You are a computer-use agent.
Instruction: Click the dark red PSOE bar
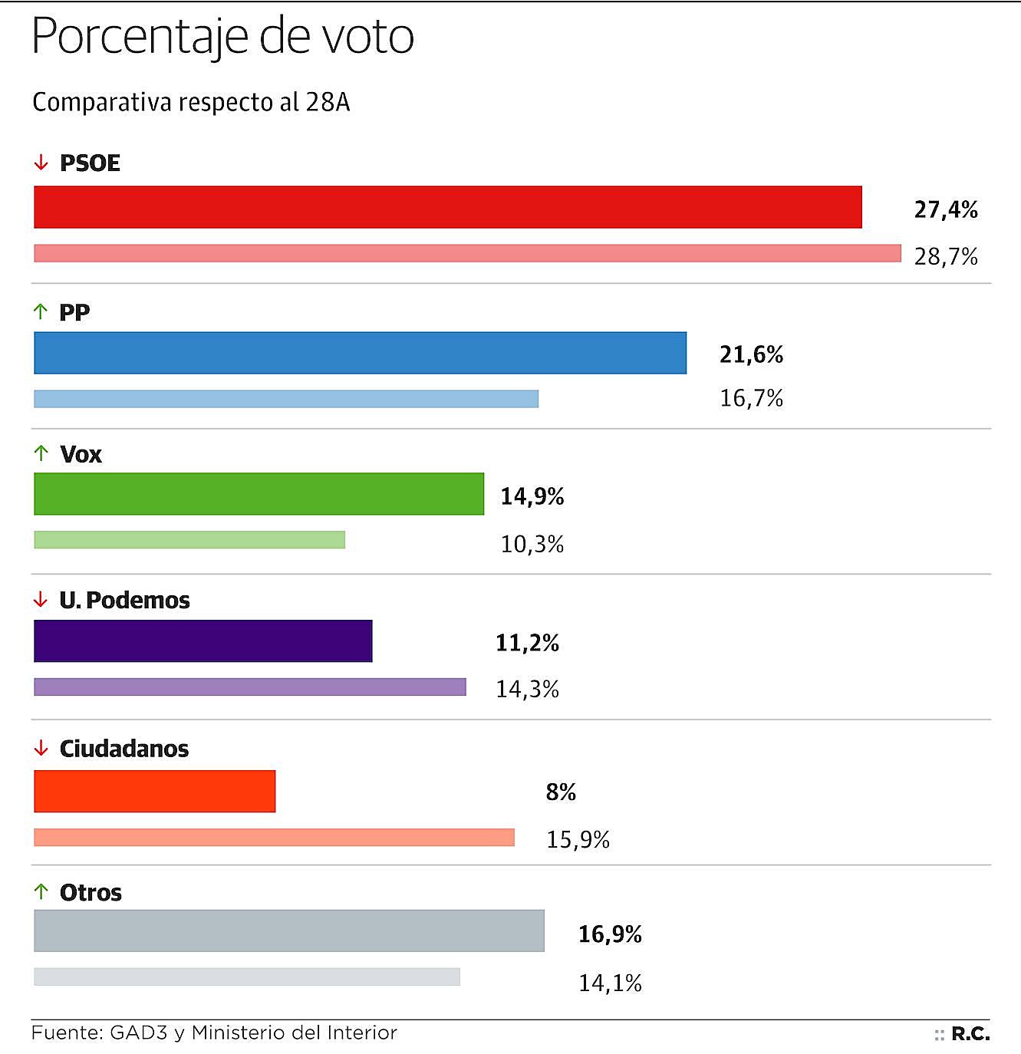click(447, 207)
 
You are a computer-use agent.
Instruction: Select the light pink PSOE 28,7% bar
click(467, 253)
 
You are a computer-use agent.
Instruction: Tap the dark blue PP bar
click(360, 353)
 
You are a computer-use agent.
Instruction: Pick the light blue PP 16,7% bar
click(286, 399)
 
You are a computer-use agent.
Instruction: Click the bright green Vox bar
click(259, 494)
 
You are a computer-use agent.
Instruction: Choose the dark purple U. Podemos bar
click(203, 641)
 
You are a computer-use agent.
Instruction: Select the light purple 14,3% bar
click(249, 687)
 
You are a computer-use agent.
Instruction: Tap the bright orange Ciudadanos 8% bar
click(154, 791)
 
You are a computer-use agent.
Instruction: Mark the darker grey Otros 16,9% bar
click(288, 930)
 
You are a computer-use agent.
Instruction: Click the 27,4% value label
click(945, 209)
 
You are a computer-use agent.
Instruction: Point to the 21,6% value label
click(751, 354)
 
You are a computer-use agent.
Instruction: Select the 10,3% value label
click(532, 544)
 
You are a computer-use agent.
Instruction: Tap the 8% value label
click(561, 792)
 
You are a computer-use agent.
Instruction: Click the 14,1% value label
click(610, 983)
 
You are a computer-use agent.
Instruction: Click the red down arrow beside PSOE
click(41, 163)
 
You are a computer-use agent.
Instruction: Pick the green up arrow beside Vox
click(41, 453)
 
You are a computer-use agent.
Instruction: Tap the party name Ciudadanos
click(124, 749)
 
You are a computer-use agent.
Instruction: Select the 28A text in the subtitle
click(328, 102)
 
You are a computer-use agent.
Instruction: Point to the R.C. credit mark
click(970, 1034)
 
